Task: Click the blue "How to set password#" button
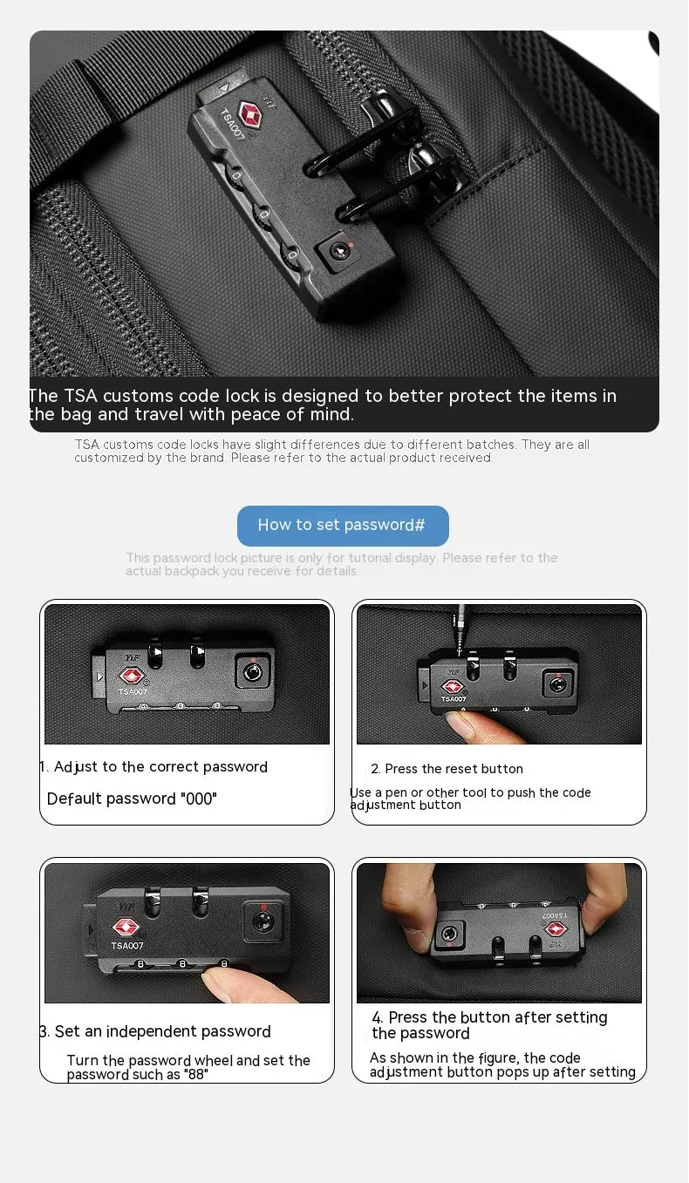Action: click(x=343, y=526)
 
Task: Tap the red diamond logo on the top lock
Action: click(x=250, y=114)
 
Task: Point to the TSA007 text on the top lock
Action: click(x=232, y=125)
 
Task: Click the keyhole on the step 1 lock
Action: click(x=251, y=672)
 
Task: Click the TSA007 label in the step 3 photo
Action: click(x=127, y=945)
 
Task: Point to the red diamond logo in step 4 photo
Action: click(x=556, y=929)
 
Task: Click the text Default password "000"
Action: click(x=132, y=799)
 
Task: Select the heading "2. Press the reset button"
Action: click(x=447, y=769)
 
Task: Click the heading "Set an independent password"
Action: click(x=163, y=1031)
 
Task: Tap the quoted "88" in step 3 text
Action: click(x=195, y=1075)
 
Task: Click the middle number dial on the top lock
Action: click(x=262, y=213)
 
